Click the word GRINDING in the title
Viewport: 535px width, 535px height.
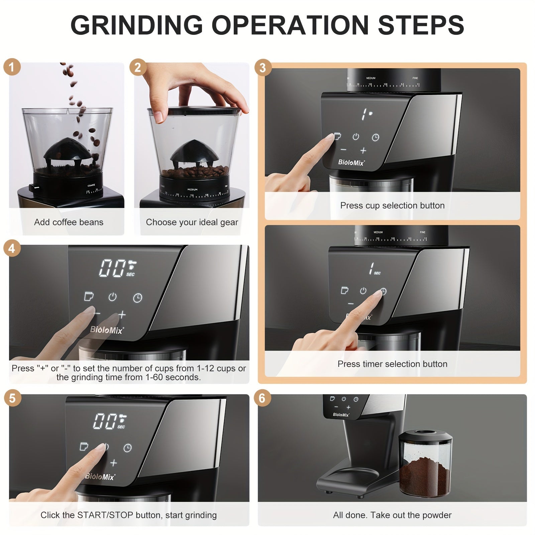click(136, 25)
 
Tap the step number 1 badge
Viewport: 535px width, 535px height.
click(12, 67)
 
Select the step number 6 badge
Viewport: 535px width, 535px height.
click(262, 398)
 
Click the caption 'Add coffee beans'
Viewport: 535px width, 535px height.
click(69, 222)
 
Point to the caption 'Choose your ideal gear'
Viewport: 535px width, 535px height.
click(192, 222)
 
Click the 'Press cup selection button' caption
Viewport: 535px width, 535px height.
click(392, 205)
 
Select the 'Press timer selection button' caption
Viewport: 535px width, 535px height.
click(392, 364)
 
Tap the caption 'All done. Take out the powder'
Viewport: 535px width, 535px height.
click(392, 515)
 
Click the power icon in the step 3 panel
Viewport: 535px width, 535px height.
click(356, 136)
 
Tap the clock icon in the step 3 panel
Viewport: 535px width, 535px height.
click(376, 137)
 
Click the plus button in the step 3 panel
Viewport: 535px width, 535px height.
click(363, 151)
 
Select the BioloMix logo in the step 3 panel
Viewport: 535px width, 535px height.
click(351, 163)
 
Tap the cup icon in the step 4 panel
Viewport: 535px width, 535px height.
click(89, 296)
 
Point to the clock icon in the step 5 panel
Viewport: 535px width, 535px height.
click(127, 448)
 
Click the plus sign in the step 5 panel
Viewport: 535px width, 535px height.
click(114, 463)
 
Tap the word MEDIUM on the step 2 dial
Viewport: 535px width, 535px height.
click(192, 190)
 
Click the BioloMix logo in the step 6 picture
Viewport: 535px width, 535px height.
click(341, 415)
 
